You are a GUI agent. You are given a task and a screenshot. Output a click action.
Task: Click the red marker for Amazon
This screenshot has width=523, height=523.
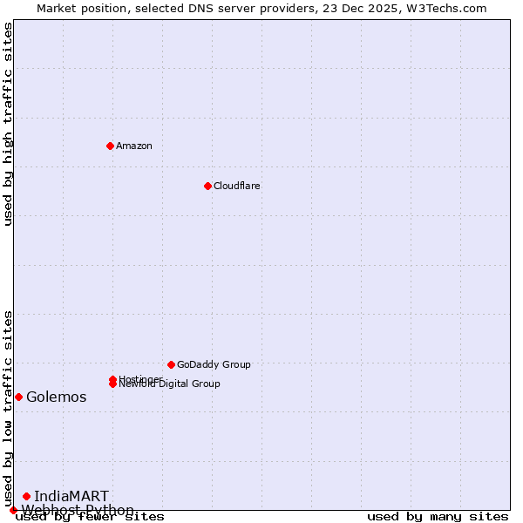pos(110,146)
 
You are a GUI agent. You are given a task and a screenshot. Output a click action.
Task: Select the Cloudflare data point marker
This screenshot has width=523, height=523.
pos(207,186)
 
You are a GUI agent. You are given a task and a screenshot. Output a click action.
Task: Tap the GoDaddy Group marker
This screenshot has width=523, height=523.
pos(171,364)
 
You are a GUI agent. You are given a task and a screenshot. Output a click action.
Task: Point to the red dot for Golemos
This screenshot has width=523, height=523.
pos(18,397)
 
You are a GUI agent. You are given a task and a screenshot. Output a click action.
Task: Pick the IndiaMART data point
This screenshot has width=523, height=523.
pos(26,496)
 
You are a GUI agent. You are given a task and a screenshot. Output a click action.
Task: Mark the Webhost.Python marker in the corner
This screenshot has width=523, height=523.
pos(13,510)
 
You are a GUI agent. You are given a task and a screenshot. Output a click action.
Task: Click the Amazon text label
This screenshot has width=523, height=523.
pos(133,146)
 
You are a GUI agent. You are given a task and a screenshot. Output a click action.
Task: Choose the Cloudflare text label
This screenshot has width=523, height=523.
pos(236,186)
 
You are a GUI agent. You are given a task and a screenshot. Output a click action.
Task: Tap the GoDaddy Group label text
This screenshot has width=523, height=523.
pos(214,364)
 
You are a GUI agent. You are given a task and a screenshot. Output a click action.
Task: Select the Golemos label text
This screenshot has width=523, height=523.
pos(56,397)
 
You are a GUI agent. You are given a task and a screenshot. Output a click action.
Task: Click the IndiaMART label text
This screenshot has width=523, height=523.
pos(71,497)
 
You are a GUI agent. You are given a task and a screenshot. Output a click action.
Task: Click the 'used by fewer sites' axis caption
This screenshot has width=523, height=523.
pos(90,517)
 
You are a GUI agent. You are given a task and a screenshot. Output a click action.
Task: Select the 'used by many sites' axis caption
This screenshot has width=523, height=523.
pos(438,517)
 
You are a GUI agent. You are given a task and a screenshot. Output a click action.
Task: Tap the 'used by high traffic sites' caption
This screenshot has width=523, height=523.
pos(8,124)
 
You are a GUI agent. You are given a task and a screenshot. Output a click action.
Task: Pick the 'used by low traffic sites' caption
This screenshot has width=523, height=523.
pos(8,408)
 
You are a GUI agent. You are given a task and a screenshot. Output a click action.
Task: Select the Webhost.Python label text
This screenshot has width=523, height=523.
pos(78,510)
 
